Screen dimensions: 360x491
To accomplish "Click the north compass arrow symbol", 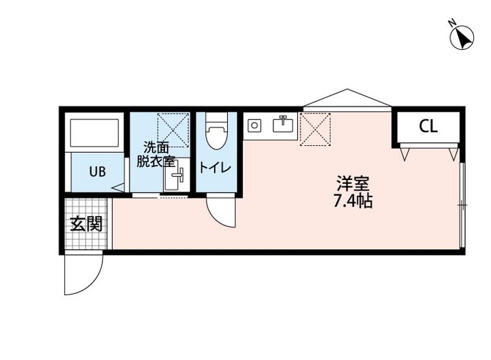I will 464,37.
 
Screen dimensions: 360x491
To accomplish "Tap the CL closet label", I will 428,126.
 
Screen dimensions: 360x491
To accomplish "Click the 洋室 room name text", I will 352,184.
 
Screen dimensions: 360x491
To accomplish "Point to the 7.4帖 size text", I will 353,202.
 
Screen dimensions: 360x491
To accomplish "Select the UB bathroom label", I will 97,171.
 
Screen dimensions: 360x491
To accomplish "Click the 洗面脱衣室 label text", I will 155,154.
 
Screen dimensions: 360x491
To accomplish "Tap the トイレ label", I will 215,167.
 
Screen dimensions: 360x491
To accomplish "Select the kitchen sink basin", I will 283,125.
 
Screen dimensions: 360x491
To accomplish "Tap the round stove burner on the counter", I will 254,125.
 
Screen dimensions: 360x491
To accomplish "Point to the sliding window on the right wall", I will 462,205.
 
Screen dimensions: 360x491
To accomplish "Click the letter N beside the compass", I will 451,23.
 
